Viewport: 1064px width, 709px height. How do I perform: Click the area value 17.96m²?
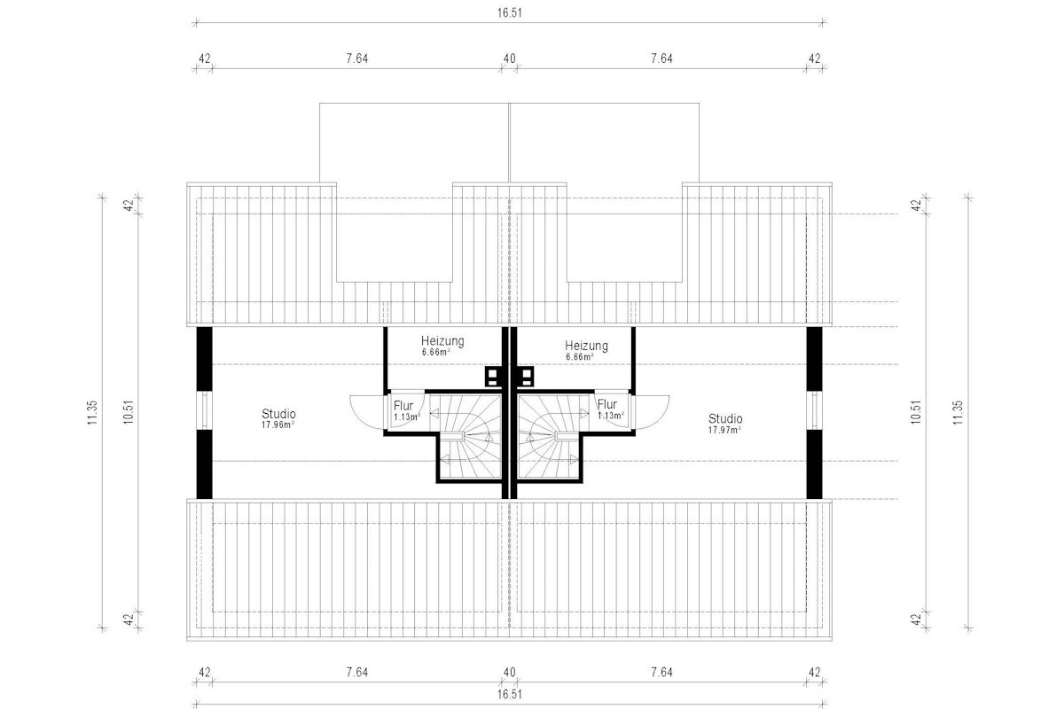click(278, 425)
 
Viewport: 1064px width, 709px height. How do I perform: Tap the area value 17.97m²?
click(725, 430)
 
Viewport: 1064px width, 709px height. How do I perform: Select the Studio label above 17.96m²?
click(278, 414)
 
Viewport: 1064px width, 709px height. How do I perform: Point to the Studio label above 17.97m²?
click(725, 419)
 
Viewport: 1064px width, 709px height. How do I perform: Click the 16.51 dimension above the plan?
click(509, 12)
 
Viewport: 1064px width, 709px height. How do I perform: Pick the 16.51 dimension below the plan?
click(509, 695)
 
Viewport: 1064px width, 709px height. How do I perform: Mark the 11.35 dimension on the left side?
click(92, 413)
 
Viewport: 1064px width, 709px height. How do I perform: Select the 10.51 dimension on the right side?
click(916, 412)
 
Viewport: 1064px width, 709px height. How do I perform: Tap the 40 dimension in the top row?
click(509, 58)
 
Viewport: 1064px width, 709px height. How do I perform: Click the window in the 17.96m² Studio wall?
click(204, 410)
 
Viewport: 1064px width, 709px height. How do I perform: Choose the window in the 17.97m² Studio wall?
click(814, 410)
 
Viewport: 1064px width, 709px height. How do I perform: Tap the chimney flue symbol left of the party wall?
click(493, 376)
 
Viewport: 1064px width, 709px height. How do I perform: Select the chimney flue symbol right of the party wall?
click(526, 376)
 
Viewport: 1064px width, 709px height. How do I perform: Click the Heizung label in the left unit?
click(442, 340)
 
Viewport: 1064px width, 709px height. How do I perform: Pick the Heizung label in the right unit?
click(586, 346)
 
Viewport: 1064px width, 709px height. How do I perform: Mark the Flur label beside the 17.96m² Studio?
click(403, 406)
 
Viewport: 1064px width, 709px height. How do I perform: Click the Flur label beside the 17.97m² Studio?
click(607, 404)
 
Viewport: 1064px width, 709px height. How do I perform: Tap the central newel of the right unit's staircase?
click(565, 436)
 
